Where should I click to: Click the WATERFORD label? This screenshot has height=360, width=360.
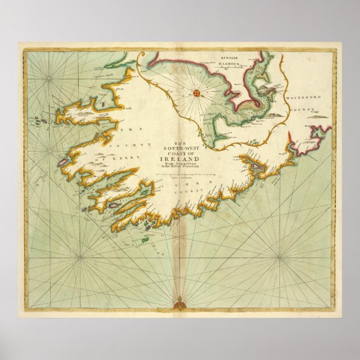point(304,98)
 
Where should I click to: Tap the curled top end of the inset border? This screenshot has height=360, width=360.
point(140,56)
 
